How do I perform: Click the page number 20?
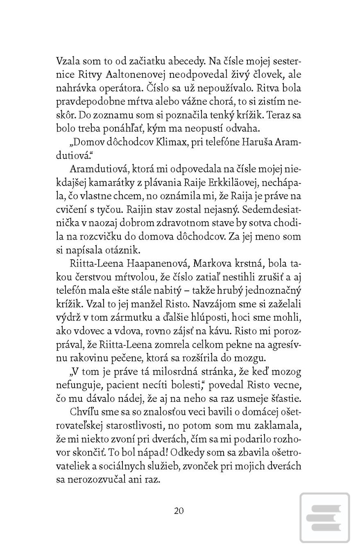pos(179,510)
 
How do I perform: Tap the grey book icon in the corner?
pos(325,518)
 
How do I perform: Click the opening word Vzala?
pos(68,61)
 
